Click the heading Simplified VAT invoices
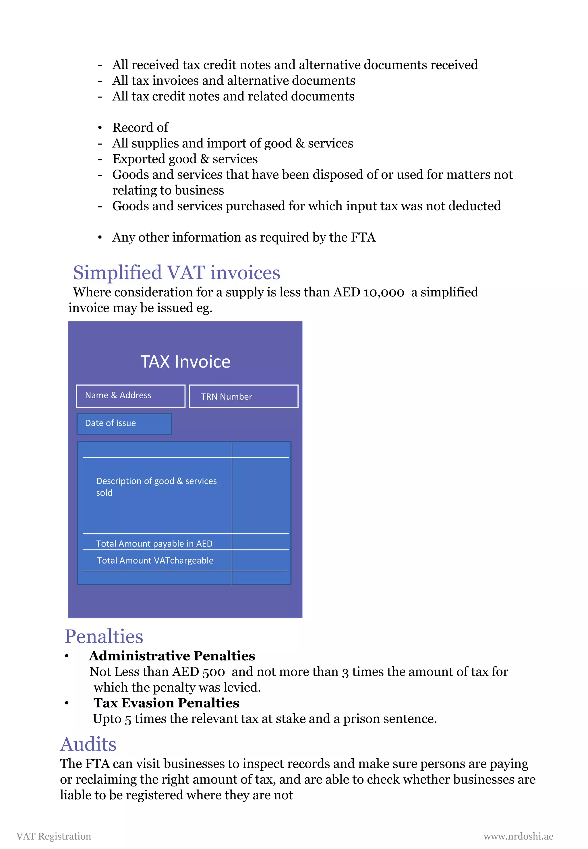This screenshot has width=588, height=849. tap(177, 273)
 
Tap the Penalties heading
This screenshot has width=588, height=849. tap(104, 637)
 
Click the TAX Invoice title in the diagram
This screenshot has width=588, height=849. tap(185, 362)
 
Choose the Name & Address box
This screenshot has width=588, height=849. tap(130, 396)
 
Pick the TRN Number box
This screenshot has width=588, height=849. tap(243, 397)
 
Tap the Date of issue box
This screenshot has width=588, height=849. tap(124, 424)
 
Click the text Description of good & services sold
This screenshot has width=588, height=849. tap(156, 487)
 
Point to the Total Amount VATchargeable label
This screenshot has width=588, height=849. tap(155, 560)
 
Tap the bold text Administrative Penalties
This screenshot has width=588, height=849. tap(172, 656)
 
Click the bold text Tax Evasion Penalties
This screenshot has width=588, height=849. tap(166, 703)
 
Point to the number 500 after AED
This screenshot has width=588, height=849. tap(214, 672)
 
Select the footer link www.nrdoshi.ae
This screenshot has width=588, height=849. tap(518, 836)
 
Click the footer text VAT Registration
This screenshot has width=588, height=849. tap(54, 836)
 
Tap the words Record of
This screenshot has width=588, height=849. tap(140, 127)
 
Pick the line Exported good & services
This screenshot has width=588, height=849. tap(185, 159)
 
